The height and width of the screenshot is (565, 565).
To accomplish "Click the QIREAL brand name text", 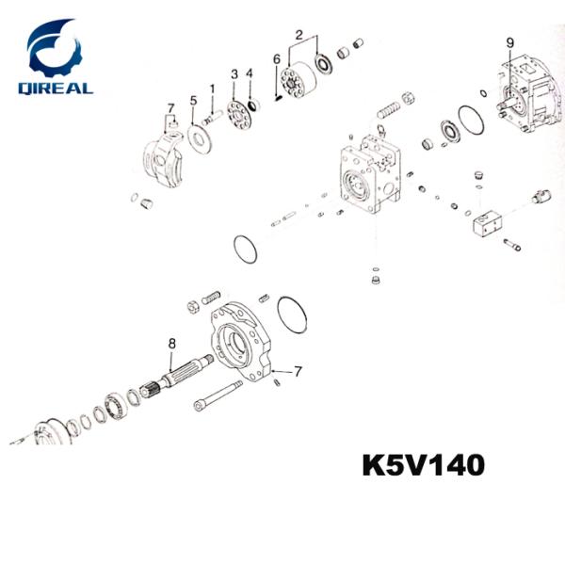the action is point(56,89).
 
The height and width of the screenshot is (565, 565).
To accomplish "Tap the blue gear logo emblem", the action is point(56,48).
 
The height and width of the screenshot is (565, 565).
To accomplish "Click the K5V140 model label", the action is point(424,465).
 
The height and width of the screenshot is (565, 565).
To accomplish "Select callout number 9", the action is point(510,43).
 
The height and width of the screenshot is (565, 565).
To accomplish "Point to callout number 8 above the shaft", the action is point(172,344).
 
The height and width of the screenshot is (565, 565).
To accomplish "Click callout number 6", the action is point(276,59).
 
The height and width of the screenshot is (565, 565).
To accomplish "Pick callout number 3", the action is point(234,74).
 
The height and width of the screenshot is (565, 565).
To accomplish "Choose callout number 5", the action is point(194,101).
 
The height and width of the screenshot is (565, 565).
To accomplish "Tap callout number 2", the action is point(299,35).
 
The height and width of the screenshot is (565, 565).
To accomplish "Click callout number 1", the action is point(213,89).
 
